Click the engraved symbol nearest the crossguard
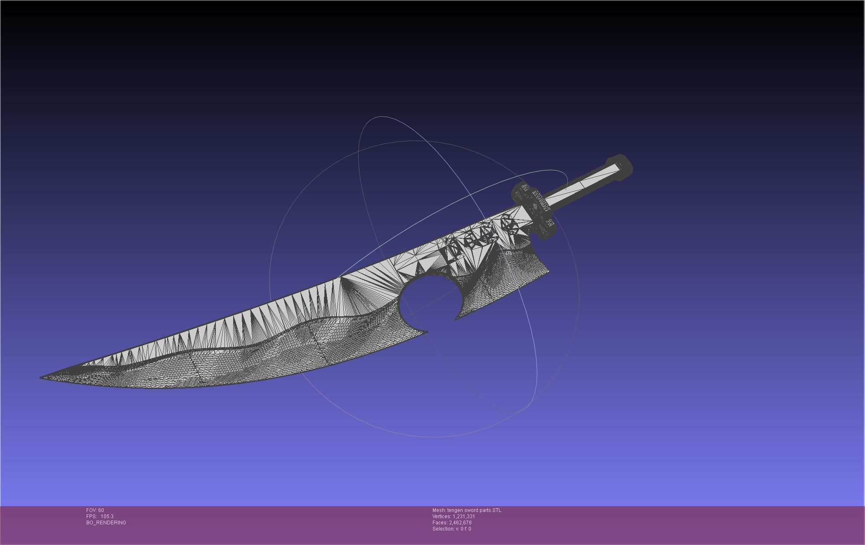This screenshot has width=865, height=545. coord(507,226)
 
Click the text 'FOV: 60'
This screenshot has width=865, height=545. coord(95,510)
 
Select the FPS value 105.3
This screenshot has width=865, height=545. coord(107,517)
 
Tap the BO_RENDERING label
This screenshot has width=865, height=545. coord(106,523)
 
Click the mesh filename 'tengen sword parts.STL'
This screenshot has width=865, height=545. coord(474,510)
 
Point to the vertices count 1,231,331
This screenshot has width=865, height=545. coord(464,517)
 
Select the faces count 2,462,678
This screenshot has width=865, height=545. coord(460,523)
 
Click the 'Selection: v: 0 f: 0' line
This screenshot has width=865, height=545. coord(451,529)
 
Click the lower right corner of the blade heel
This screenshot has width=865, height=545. coord(548,271)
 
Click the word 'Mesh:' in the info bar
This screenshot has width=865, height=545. coord(439,510)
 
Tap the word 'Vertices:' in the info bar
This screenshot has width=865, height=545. coord(442,517)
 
